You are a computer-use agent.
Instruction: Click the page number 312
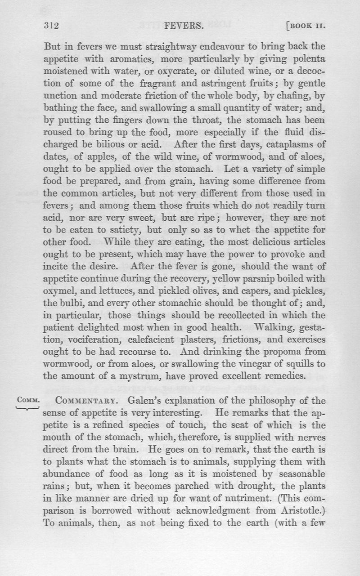(x=52, y=26)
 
